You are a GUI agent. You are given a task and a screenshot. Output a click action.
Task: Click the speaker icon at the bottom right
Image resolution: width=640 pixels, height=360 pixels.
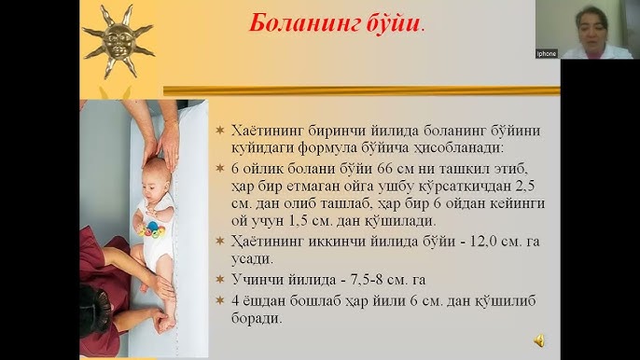coord(539,340)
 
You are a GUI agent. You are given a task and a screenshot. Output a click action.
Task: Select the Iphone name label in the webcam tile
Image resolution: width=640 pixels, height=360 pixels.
coord(546,53)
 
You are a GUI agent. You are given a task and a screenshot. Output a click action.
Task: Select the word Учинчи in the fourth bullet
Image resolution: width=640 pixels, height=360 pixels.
coord(256,280)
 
